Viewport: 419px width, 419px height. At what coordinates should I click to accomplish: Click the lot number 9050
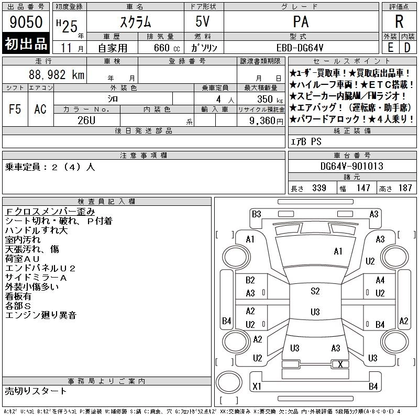coord(26,22)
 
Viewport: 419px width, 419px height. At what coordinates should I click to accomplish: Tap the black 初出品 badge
coord(26,43)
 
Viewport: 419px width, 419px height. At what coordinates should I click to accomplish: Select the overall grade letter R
coord(399,21)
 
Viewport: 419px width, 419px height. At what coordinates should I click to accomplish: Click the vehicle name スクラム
coord(136,22)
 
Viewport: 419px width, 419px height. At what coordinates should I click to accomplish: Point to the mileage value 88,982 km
coord(57,74)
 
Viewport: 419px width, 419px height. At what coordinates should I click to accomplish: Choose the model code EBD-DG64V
coord(300,48)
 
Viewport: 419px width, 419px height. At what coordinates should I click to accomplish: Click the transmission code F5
coord(15,109)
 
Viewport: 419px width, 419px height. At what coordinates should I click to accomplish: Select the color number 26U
coord(86,120)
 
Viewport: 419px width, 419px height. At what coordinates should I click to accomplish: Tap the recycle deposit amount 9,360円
coord(266,121)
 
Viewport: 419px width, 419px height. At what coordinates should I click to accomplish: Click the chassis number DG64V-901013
coord(351,166)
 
